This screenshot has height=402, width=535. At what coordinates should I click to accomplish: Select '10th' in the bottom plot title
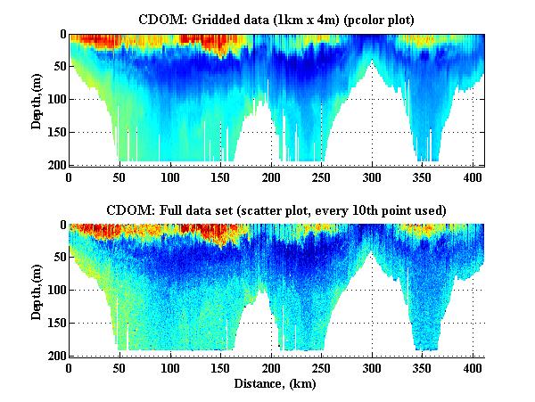pos(372,209)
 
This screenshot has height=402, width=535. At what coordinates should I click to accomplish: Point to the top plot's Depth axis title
pos(37,100)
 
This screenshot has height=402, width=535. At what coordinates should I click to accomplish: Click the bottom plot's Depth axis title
pos(37,291)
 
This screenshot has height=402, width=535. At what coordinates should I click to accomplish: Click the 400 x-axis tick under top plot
pos(473,176)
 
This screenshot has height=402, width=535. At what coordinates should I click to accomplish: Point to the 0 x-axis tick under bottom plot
pos(70,367)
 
